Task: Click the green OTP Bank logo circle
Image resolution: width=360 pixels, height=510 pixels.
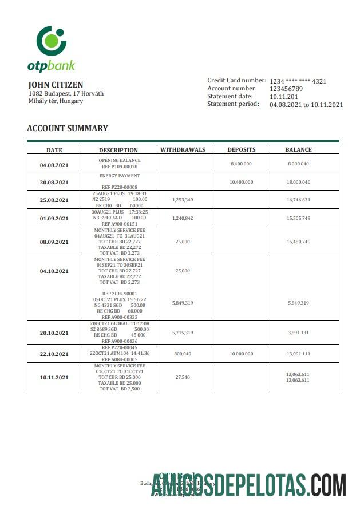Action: pos(51,39)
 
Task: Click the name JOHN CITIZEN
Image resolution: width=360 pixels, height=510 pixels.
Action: pos(56,85)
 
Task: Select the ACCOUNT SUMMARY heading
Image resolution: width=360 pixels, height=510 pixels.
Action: pos(68,129)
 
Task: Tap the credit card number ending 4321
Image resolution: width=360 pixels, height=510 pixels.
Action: pos(298,81)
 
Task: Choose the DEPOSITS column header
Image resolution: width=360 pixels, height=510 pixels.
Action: pos(241,150)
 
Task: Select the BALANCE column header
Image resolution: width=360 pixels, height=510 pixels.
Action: pos(298,150)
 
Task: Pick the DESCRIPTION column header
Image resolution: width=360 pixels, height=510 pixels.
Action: pos(118,151)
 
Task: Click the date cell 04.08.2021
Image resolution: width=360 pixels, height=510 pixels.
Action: pos(54,165)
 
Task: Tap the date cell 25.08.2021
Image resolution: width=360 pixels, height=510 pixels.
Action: pos(54,200)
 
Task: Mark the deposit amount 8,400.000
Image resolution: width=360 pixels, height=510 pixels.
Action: pos(241,164)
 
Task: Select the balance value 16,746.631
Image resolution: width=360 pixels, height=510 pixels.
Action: pos(298,200)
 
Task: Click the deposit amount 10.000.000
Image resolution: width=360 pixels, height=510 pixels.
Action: pos(241,354)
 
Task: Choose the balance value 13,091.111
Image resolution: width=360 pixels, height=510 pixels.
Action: pos(298,354)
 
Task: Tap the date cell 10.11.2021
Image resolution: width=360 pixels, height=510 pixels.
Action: pos(54,378)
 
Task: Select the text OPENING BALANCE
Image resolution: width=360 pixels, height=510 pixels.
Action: pos(119,160)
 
